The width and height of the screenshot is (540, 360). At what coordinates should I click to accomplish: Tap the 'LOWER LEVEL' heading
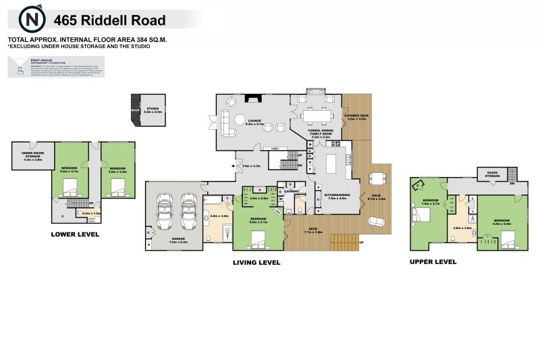pyautogui.click(x=75, y=235)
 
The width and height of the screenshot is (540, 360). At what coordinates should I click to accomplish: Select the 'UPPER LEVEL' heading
pyautogui.click(x=433, y=261)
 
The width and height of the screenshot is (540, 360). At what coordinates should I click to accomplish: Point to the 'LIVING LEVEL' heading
pyautogui.click(x=256, y=263)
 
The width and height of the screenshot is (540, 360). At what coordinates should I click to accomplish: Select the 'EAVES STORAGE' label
pyautogui.click(x=492, y=174)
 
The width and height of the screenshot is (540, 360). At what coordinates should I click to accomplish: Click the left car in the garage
pyautogui.click(x=165, y=211)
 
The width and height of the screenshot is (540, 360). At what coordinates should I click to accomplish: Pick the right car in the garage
pyautogui.click(x=188, y=211)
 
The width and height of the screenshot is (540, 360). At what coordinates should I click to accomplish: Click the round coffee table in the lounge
pyautogui.click(x=240, y=119)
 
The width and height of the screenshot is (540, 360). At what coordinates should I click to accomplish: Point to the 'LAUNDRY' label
pyautogui.click(x=292, y=192)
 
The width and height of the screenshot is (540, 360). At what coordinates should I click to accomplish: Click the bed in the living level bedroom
pyautogui.click(x=259, y=238)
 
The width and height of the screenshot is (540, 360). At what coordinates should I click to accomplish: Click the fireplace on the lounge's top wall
pyautogui.click(x=254, y=99)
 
